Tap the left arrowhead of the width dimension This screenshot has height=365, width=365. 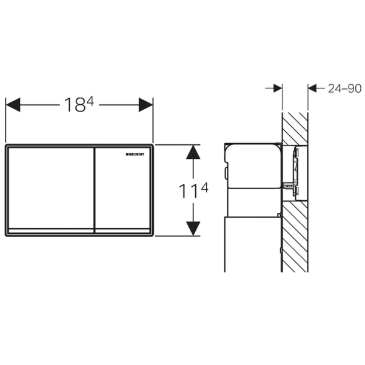(x=13, y=104)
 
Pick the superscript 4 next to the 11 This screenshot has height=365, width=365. (x=204, y=187)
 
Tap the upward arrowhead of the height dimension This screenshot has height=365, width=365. (x=193, y=152)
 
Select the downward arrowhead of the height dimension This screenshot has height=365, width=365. (x=193, y=228)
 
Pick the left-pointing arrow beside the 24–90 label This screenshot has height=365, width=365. (x=313, y=89)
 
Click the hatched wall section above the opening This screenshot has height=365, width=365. (x=295, y=128)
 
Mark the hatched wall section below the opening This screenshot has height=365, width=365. (x=295, y=236)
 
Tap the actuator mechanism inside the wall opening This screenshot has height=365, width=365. (x=294, y=173)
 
